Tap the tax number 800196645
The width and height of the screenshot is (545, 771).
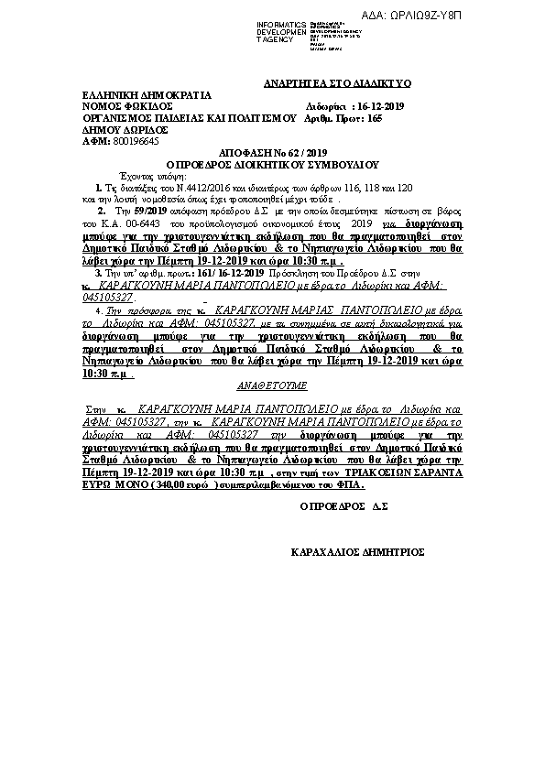(136, 142)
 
